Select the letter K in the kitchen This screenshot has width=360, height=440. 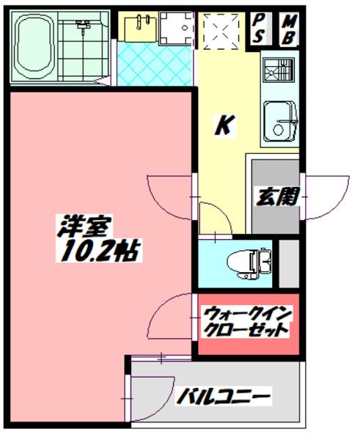(224, 125)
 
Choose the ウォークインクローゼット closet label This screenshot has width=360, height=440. (247, 323)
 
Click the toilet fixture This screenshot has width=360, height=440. (248, 260)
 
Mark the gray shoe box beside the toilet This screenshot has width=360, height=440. (290, 261)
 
